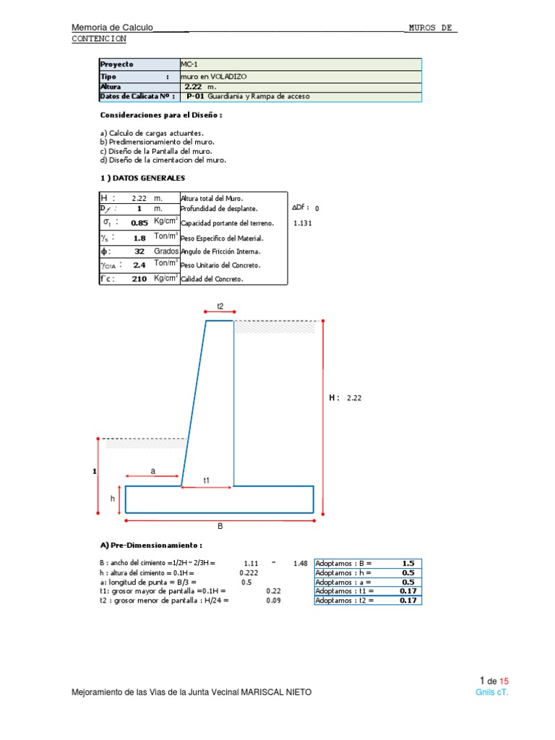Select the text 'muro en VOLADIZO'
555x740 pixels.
coord(212,75)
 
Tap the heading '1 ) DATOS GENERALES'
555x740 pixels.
coord(142,178)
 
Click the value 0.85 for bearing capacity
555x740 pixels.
coord(139,223)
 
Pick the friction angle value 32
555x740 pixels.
coord(139,251)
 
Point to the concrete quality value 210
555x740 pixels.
coord(139,279)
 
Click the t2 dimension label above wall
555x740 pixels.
coord(220,307)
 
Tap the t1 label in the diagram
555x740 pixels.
coord(207,480)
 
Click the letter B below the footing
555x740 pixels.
coord(220,527)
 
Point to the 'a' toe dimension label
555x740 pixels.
coord(152,470)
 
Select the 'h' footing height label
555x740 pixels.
coord(113,499)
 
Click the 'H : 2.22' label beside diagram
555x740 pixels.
coord(344,397)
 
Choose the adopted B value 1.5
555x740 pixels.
coord(408,563)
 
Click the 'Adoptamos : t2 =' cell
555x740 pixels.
coord(345,601)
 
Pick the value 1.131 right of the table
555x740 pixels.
coord(303,223)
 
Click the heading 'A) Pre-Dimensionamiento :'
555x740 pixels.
coord(151,545)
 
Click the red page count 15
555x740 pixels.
coord(504,681)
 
